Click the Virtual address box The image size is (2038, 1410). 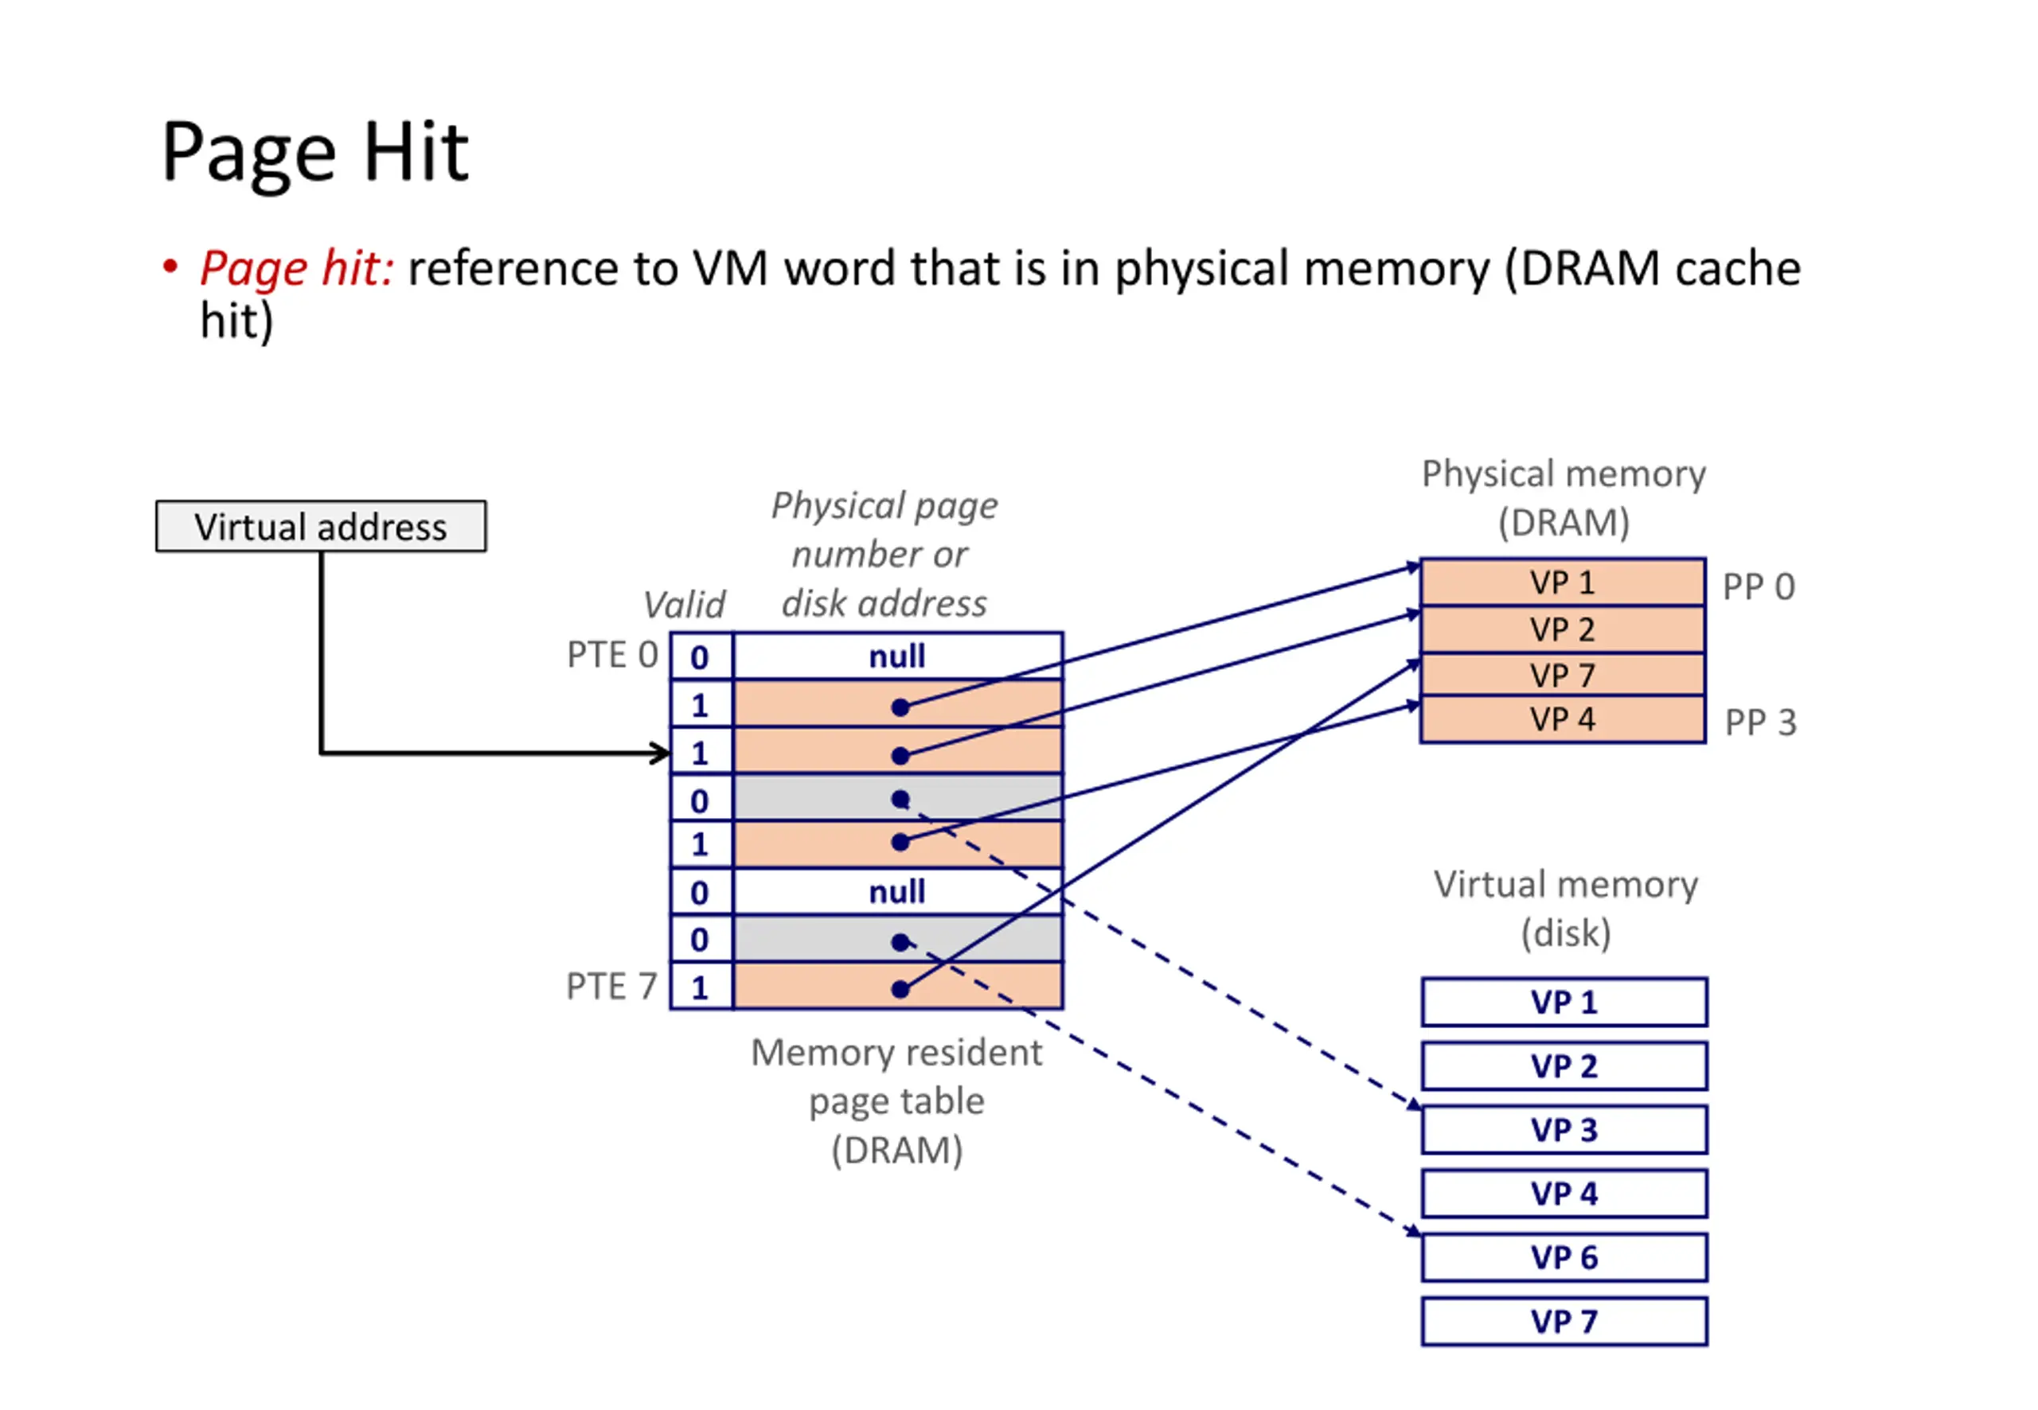click(320, 527)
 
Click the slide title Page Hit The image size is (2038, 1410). click(314, 152)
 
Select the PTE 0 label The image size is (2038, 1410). click(611, 655)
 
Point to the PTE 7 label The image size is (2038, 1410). click(611, 986)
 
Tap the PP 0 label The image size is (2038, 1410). click(1758, 586)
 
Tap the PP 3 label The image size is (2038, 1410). click(1759, 722)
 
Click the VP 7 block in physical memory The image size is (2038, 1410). click(1562, 675)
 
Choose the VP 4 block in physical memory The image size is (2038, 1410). click(1562, 719)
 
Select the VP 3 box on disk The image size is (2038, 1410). click(1564, 1130)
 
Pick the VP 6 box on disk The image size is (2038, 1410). click(1564, 1257)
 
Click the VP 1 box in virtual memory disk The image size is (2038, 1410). click(1564, 1002)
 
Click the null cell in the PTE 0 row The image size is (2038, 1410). click(897, 656)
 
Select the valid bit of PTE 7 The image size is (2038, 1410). click(700, 987)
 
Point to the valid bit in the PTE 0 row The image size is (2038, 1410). click(700, 657)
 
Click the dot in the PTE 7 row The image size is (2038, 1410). click(900, 988)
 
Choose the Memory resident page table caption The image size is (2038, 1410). click(896, 1100)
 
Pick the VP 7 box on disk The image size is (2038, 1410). click(1564, 1322)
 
